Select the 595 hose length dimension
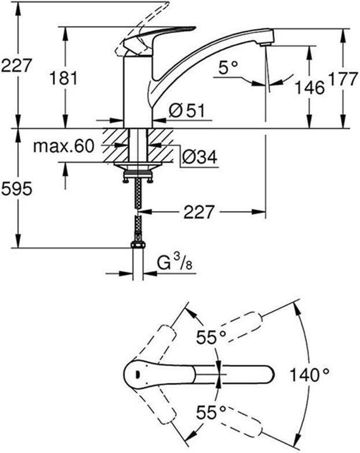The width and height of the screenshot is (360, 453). pyautogui.click(x=17, y=189)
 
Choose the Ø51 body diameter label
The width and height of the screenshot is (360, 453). pyautogui.click(x=187, y=111)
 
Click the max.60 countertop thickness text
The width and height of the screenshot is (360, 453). pyautogui.click(x=64, y=146)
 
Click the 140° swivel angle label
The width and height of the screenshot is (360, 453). pyautogui.click(x=309, y=376)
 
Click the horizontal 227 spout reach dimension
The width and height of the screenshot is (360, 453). pyautogui.click(x=198, y=212)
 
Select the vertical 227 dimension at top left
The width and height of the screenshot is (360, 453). pyautogui.click(x=17, y=65)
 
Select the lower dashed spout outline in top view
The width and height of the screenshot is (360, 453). pyautogui.click(x=239, y=424)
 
